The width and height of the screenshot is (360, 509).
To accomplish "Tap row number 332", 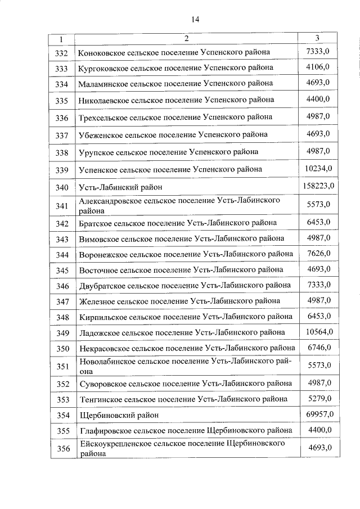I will [x=62, y=53].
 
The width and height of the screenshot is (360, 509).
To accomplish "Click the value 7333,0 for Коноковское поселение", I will [x=318, y=51].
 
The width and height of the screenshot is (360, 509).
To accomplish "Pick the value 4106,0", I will [x=318, y=67].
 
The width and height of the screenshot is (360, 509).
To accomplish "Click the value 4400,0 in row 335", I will [x=318, y=99].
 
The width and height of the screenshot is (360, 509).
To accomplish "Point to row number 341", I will [x=62, y=206].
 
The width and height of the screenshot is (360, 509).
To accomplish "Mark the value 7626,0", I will [x=318, y=253].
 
